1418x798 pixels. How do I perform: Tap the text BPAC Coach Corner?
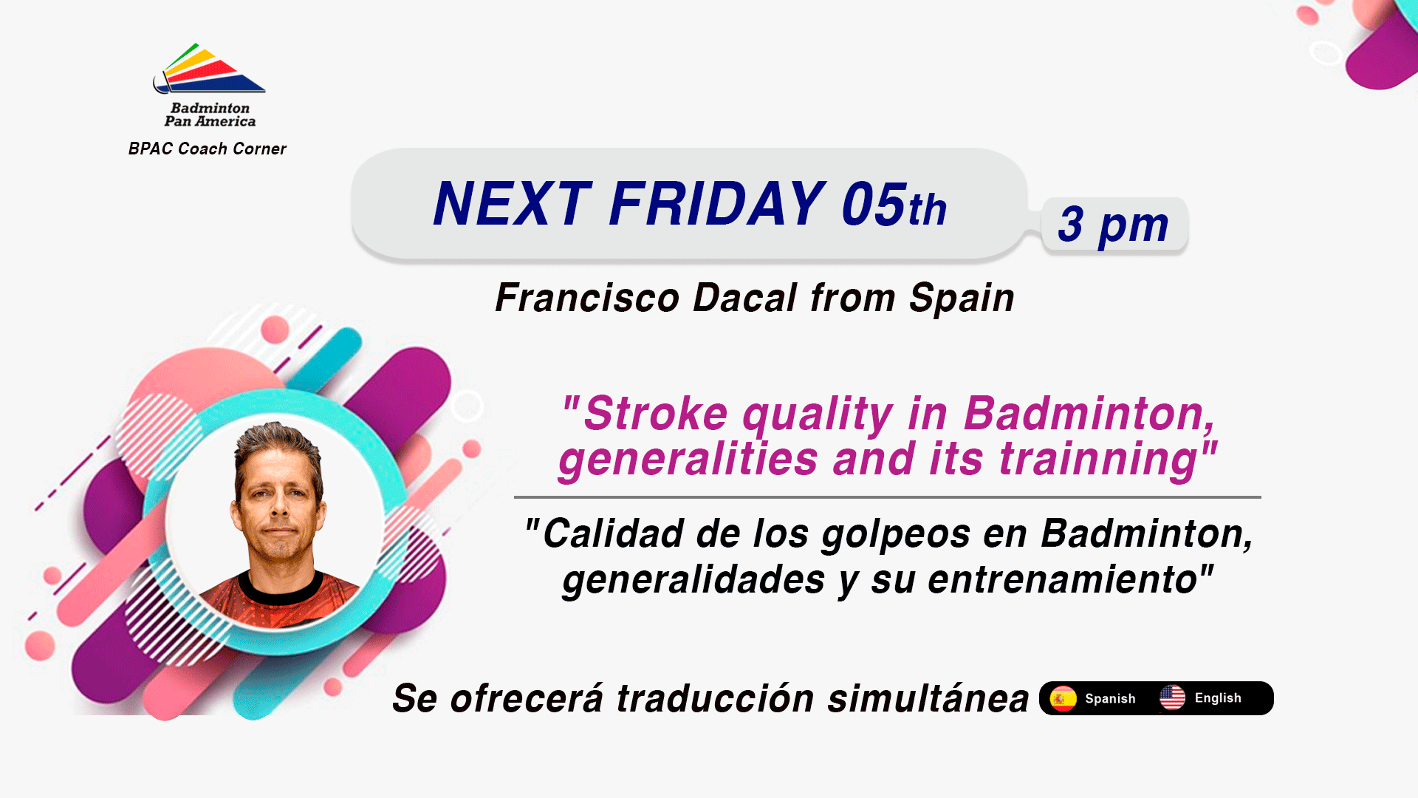[208, 149]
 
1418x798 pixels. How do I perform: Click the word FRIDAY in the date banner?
[717, 204]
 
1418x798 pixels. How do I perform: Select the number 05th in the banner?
[894, 204]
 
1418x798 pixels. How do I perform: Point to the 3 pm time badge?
[1114, 225]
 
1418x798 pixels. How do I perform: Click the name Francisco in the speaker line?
[587, 298]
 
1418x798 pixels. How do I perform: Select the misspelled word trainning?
[1098, 460]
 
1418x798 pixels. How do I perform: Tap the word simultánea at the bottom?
[928, 698]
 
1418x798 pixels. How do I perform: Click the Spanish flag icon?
[1063, 698]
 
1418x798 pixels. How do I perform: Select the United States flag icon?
[1172, 698]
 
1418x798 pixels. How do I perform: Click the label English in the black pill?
[1218, 698]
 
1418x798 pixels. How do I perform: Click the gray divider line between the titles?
[888, 497]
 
